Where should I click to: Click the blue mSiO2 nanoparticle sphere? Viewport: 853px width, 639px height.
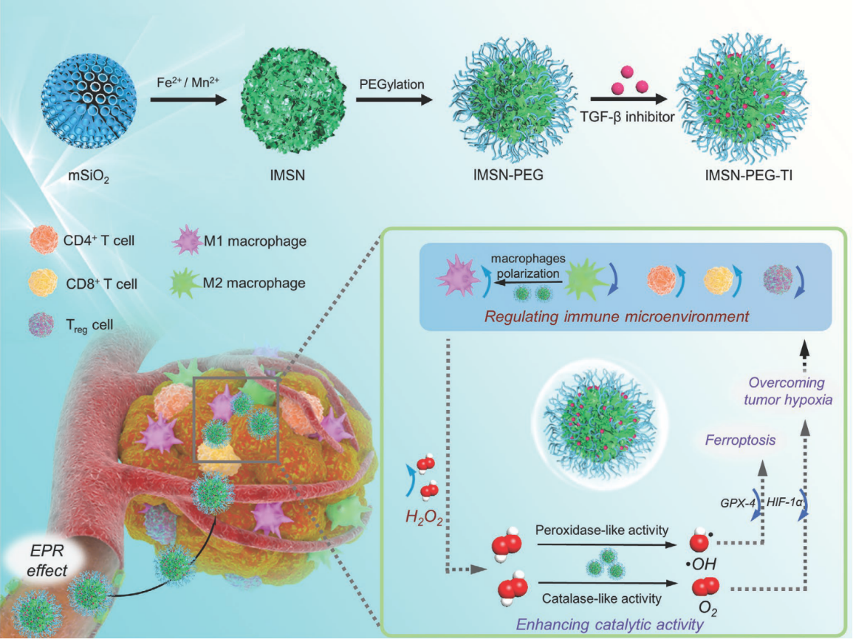[89, 100]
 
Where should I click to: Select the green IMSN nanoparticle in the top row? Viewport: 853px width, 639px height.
[293, 100]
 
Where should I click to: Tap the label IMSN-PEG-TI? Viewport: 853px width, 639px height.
[749, 175]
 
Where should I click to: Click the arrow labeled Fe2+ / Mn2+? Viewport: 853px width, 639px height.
[188, 100]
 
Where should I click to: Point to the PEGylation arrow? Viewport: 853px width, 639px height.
[394, 100]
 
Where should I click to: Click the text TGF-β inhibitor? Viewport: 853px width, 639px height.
[627, 117]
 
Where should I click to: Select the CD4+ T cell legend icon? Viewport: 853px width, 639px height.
[44, 239]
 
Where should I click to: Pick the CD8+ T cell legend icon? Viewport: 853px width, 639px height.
[43, 282]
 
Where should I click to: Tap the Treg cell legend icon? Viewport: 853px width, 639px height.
[41, 325]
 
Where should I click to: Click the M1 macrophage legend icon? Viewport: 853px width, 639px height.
[188, 239]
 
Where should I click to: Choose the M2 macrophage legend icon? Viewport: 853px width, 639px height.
[185, 283]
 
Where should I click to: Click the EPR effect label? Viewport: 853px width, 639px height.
[47, 561]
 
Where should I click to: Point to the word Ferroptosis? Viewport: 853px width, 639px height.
[740, 440]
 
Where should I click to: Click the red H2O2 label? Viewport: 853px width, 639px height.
[424, 518]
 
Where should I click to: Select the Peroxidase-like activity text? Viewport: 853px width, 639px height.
[602, 530]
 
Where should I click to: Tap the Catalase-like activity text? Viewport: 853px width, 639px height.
[602, 598]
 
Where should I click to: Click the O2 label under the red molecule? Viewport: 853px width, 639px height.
[708, 607]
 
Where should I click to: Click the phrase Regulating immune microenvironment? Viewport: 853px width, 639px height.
[617, 316]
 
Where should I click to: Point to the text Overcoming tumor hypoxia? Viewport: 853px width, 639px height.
[788, 392]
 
